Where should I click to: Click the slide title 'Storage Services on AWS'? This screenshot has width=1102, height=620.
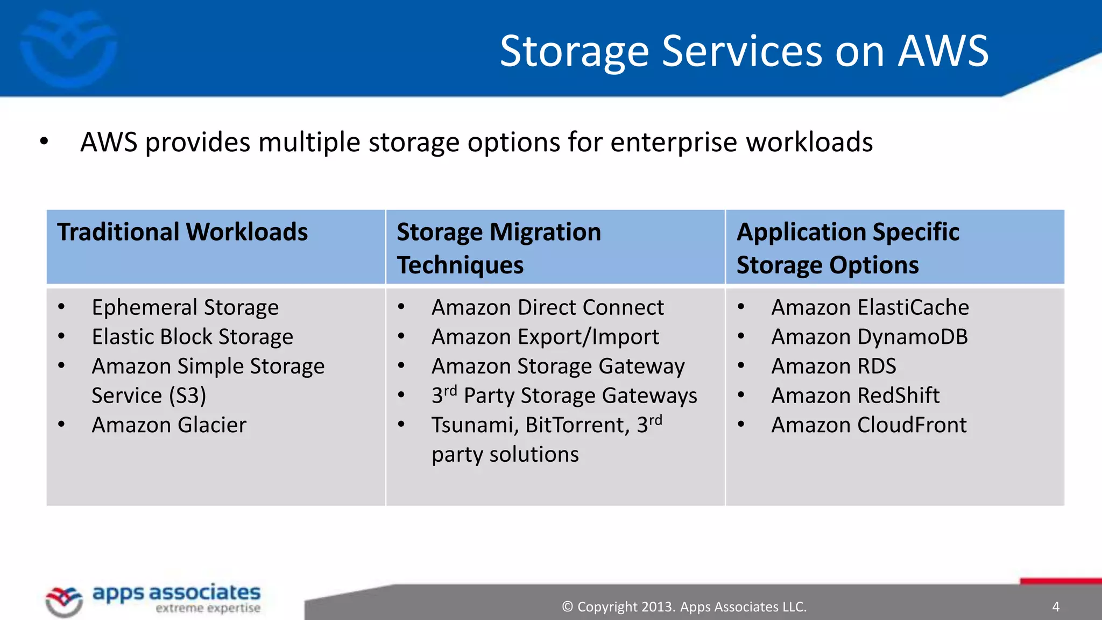744,51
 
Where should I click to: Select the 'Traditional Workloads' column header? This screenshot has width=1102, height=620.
182,232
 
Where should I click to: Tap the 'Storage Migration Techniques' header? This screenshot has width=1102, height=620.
498,248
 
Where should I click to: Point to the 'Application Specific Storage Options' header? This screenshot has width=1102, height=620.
847,248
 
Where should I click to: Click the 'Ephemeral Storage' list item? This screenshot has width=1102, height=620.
185,308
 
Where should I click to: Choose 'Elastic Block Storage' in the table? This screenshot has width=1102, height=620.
192,337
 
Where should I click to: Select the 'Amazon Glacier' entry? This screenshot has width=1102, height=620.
169,425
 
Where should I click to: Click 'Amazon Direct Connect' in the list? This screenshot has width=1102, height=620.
547,308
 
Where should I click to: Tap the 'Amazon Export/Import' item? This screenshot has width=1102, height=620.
545,337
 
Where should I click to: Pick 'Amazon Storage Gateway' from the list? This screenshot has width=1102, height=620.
558,367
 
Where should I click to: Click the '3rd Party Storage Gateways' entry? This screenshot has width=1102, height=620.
564,396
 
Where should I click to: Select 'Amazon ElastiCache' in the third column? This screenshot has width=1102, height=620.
870,308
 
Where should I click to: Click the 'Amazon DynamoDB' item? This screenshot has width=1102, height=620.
869,337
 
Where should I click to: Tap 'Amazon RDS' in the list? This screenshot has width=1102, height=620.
833,367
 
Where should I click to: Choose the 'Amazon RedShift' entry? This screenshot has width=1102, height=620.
855,396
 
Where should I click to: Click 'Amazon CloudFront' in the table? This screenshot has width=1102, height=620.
868,425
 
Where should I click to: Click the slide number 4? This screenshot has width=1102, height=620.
1056,607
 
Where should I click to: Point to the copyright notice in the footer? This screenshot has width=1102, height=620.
684,607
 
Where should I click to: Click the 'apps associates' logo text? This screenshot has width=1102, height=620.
176,593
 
